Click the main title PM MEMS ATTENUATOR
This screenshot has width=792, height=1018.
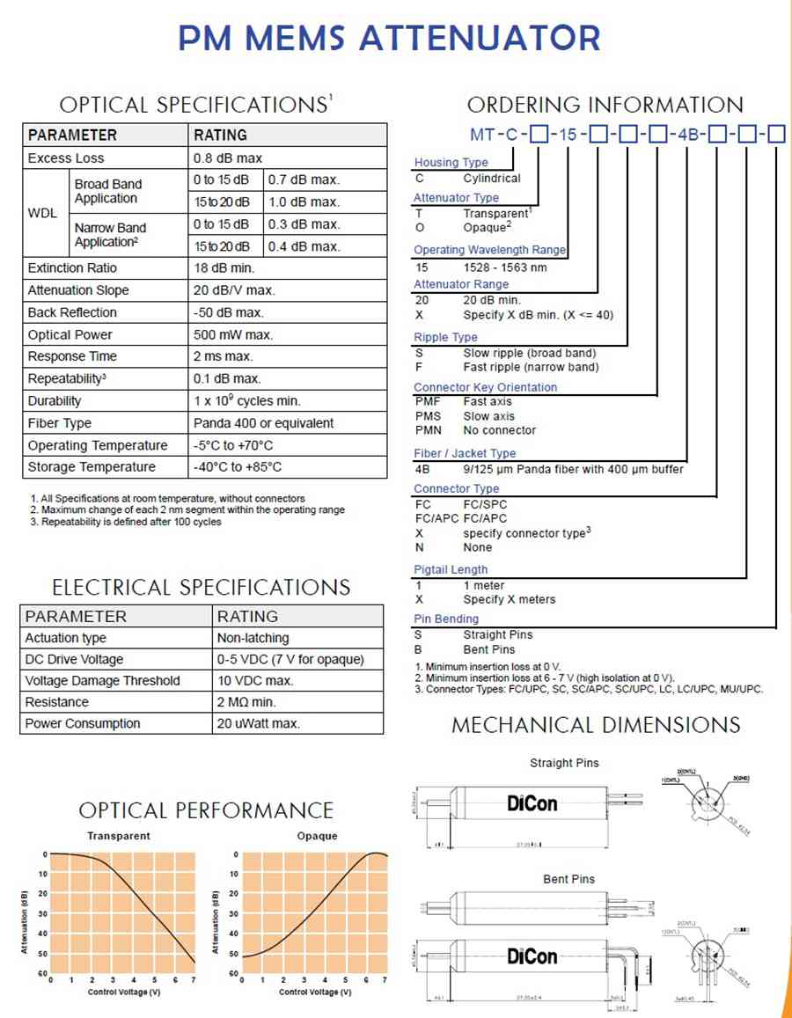390,38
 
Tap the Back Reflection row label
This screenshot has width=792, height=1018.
71,312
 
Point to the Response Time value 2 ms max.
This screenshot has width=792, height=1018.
223,356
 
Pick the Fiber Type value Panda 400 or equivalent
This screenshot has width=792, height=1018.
263,423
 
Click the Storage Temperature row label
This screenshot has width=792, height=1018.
91,467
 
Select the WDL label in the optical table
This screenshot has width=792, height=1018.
42,213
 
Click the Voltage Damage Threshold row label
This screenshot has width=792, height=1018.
102,680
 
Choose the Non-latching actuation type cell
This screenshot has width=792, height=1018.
253,638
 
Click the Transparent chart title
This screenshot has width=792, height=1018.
119,836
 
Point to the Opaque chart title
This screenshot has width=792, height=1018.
317,836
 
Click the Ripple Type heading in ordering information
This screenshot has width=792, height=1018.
445,337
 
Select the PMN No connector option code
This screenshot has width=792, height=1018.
428,430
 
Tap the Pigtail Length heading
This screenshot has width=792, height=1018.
451,569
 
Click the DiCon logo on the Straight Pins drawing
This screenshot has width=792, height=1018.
532,802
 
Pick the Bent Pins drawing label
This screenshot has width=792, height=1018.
568,879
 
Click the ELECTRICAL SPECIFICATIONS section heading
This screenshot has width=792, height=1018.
202,587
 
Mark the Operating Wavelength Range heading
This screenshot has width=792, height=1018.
490,250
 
